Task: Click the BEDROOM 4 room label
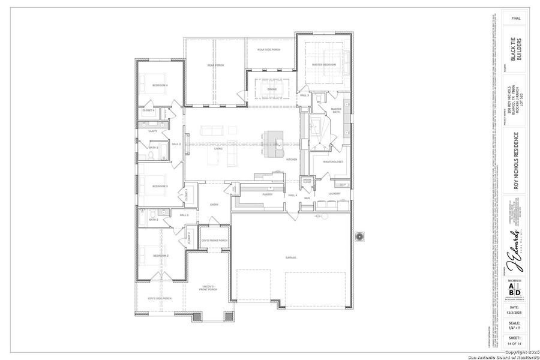tap(159, 85)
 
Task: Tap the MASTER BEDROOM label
tap(325, 64)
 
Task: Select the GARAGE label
tap(291, 257)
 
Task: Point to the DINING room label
tap(272, 89)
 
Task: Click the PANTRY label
tap(268, 194)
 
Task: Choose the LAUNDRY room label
tap(334, 193)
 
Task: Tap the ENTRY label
tap(214, 205)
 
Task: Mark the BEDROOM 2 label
tap(160, 256)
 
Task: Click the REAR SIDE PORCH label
tap(269, 49)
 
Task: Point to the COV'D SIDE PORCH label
tap(160, 298)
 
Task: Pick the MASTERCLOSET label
tap(333, 161)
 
